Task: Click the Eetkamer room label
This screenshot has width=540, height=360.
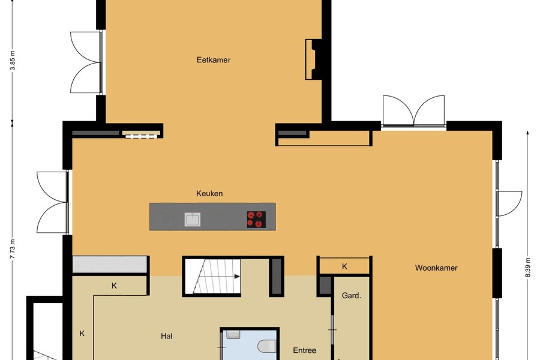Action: tap(214, 59)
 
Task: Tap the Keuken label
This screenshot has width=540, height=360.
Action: tap(209, 193)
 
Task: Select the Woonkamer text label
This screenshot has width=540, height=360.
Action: tap(436, 268)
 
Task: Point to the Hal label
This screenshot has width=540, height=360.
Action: tap(167, 336)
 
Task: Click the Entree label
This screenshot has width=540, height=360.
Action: tap(304, 350)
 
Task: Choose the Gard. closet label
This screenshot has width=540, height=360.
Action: tap(351, 295)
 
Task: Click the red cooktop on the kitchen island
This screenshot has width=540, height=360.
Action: tap(256, 220)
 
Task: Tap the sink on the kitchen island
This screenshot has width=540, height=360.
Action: tap(193, 220)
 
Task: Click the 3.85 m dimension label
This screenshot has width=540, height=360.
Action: tap(13, 60)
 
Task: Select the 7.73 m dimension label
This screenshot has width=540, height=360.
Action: tap(13, 248)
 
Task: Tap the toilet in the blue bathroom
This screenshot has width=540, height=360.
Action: tap(268, 346)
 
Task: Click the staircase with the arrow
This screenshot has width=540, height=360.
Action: tap(213, 276)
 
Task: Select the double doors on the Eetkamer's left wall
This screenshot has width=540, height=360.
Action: tap(86, 62)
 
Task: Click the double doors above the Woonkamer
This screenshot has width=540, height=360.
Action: tap(413, 111)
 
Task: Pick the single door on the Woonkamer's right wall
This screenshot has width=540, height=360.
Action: tap(509, 203)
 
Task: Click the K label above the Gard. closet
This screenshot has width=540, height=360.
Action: tap(344, 266)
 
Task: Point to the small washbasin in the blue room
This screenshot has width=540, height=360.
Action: tap(233, 334)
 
